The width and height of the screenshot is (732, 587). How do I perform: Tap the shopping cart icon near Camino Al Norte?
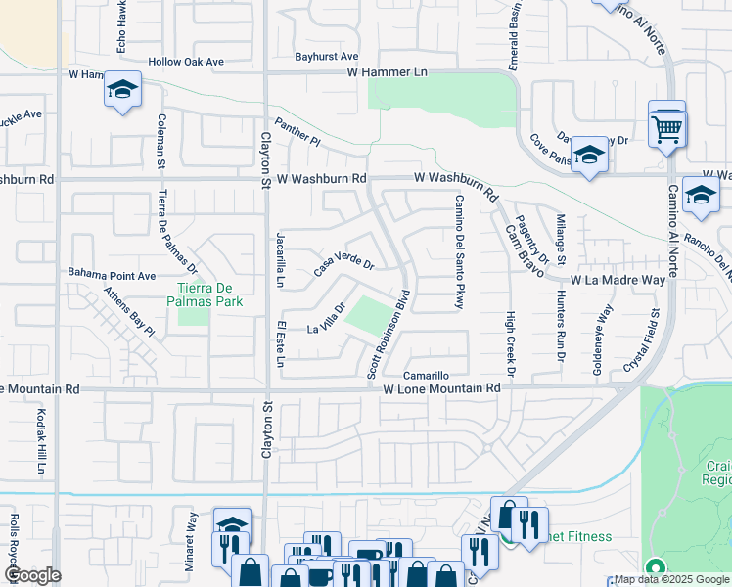[666, 127]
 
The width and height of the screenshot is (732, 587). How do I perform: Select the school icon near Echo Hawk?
[122, 92]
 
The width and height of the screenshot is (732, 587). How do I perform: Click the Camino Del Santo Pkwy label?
[457, 252]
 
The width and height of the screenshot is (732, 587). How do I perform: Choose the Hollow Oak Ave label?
[186, 62]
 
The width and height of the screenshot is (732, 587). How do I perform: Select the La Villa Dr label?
[327, 317]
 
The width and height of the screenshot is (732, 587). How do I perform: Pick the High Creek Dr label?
[510, 344]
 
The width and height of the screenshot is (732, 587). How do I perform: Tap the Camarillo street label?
[427, 376]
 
